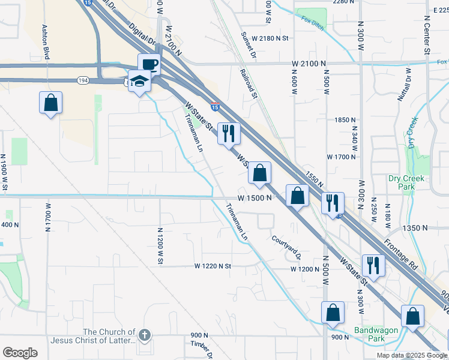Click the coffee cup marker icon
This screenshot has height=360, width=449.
149,64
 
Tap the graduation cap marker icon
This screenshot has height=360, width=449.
139,81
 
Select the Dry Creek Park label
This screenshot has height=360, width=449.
406,182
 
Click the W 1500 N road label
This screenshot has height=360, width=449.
255,197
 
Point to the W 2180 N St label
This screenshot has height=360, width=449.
270,38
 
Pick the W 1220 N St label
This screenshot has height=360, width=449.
213,266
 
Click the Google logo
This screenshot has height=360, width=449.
20,353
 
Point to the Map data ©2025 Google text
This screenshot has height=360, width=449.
411,355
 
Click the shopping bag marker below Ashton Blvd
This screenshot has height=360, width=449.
51,103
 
